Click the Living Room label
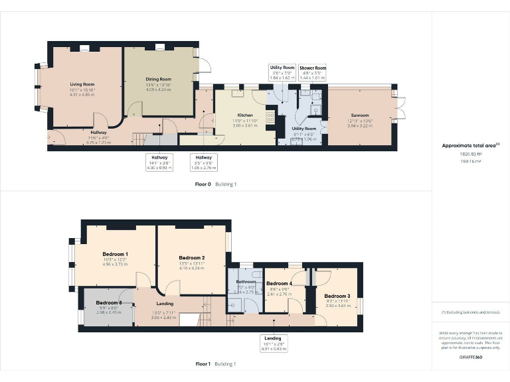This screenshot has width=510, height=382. [x=83, y=85]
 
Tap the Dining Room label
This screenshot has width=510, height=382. [x=159, y=80]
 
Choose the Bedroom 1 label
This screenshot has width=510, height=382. [x=116, y=254]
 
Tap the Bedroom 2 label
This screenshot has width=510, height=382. [x=192, y=257]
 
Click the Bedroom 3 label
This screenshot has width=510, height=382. [x=337, y=296]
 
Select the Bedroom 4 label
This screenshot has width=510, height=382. [x=279, y=284]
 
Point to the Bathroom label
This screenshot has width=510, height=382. [x=246, y=282]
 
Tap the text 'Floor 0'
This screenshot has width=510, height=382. [x=203, y=184]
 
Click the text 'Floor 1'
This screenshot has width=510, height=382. [x=203, y=364]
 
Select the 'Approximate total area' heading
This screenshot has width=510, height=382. [x=470, y=145]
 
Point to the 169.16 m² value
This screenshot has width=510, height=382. [x=470, y=160]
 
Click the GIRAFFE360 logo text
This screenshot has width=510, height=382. [x=470, y=357]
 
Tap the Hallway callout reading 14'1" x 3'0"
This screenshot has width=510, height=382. [x=159, y=162]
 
